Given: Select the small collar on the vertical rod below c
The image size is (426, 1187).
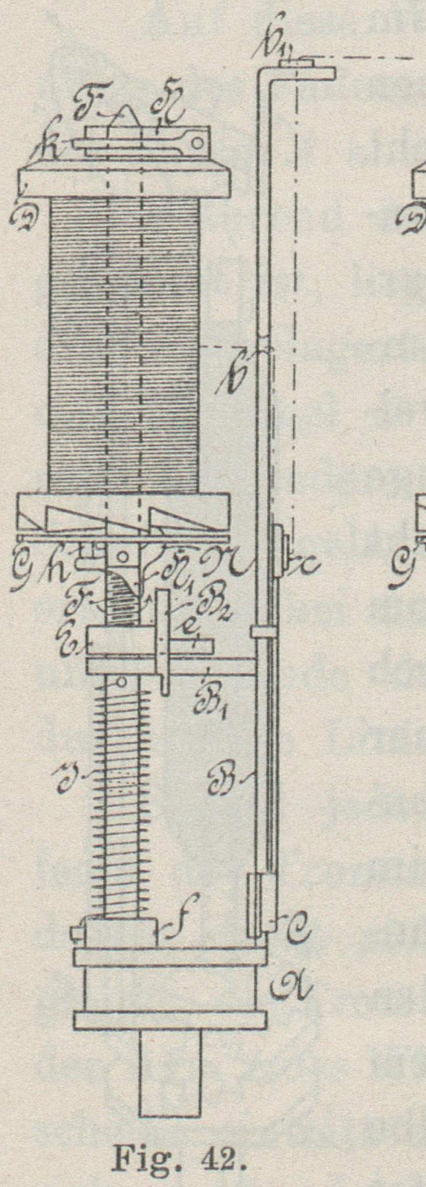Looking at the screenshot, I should click(x=261, y=632).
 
